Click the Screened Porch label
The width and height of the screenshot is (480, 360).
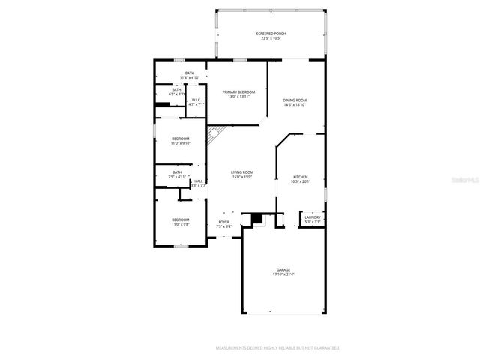click(x=271, y=34)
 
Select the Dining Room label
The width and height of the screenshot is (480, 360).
click(x=295, y=100)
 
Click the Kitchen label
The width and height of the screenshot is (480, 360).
click(x=300, y=177)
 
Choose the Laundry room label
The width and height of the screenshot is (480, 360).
click(x=313, y=217)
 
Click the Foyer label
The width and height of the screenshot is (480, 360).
click(x=223, y=222)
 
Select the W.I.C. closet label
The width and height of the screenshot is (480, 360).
click(x=196, y=100)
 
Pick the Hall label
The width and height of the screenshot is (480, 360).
click(x=199, y=181)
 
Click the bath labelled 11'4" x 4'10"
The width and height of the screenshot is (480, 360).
click(x=190, y=73)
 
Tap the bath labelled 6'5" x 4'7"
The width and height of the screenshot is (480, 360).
click(x=177, y=91)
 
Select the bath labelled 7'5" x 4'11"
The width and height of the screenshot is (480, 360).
click(x=177, y=173)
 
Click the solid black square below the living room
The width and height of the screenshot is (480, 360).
click(x=258, y=217)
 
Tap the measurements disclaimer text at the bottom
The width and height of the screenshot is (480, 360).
click(x=277, y=348)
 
